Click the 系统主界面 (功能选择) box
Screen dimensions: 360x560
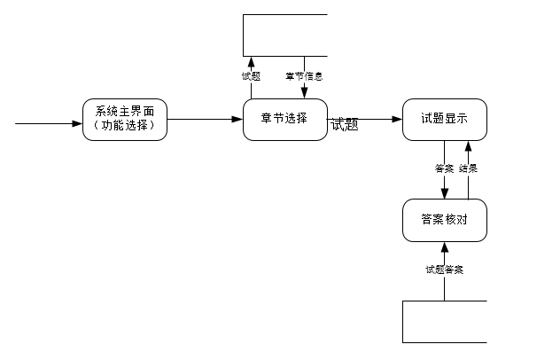pyautogui.click(x=124, y=119)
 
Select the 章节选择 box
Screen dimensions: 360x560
pyautogui.click(x=285, y=119)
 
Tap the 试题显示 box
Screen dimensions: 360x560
pyautogui.click(x=444, y=119)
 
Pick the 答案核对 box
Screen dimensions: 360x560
pyautogui.click(x=444, y=220)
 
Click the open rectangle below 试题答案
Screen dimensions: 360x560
pyautogui.click(x=444, y=321)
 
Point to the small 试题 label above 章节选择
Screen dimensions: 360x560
pyautogui.click(x=251, y=76)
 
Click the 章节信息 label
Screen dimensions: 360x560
pyautogui.click(x=304, y=76)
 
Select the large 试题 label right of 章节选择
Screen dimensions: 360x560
pyautogui.click(x=344, y=125)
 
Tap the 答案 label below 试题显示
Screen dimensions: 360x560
pyautogui.click(x=445, y=168)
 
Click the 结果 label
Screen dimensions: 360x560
pyautogui.click(x=469, y=168)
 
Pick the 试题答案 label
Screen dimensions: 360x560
pyautogui.click(x=444, y=270)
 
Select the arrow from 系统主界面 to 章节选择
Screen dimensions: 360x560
pyautogui.click(x=204, y=119)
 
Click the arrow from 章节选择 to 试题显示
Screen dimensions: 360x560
pyautogui.click(x=372, y=119)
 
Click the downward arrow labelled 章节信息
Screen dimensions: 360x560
pyautogui.click(x=304, y=89)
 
